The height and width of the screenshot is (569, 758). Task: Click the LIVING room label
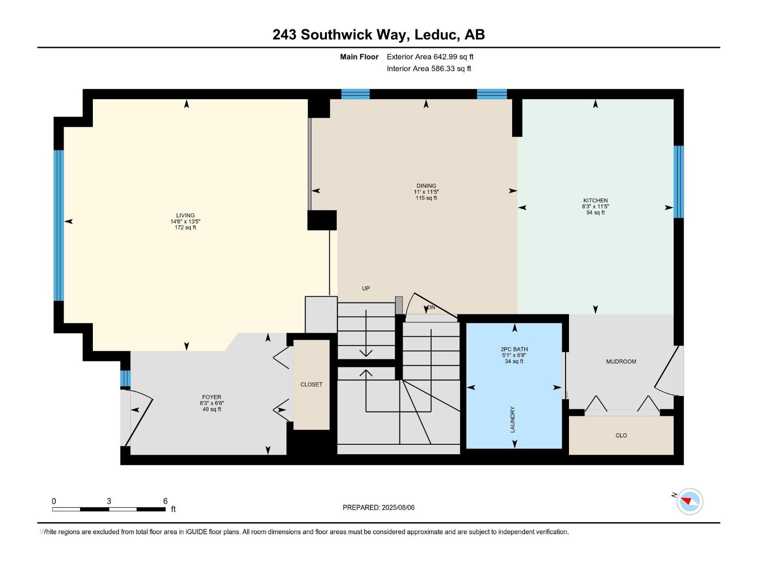tap(185, 215)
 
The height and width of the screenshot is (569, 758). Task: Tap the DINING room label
tap(426, 186)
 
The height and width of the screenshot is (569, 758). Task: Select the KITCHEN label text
tap(595, 201)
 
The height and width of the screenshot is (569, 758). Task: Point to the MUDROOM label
tap(621, 362)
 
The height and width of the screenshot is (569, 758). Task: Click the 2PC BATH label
tap(514, 349)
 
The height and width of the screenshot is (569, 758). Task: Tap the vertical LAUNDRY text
tap(512, 419)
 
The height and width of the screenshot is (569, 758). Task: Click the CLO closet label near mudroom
tap(621, 435)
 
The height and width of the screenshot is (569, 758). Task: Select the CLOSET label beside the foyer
tap(311, 385)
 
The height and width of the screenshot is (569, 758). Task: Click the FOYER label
tap(211, 397)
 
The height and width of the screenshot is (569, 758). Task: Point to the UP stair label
tap(366, 288)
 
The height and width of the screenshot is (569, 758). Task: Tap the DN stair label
tap(431, 307)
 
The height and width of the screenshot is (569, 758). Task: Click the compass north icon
tap(689, 501)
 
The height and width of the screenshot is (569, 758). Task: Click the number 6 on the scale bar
tap(165, 501)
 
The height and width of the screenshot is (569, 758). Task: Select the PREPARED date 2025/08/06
tap(379, 507)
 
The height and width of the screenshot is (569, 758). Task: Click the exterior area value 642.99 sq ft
tap(453, 57)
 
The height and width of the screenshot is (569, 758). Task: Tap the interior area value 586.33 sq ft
tap(451, 69)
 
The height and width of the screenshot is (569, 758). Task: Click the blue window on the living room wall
tap(58, 225)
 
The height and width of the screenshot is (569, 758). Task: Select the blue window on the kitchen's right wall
tap(678, 182)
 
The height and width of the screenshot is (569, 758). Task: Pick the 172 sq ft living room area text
tap(185, 228)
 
